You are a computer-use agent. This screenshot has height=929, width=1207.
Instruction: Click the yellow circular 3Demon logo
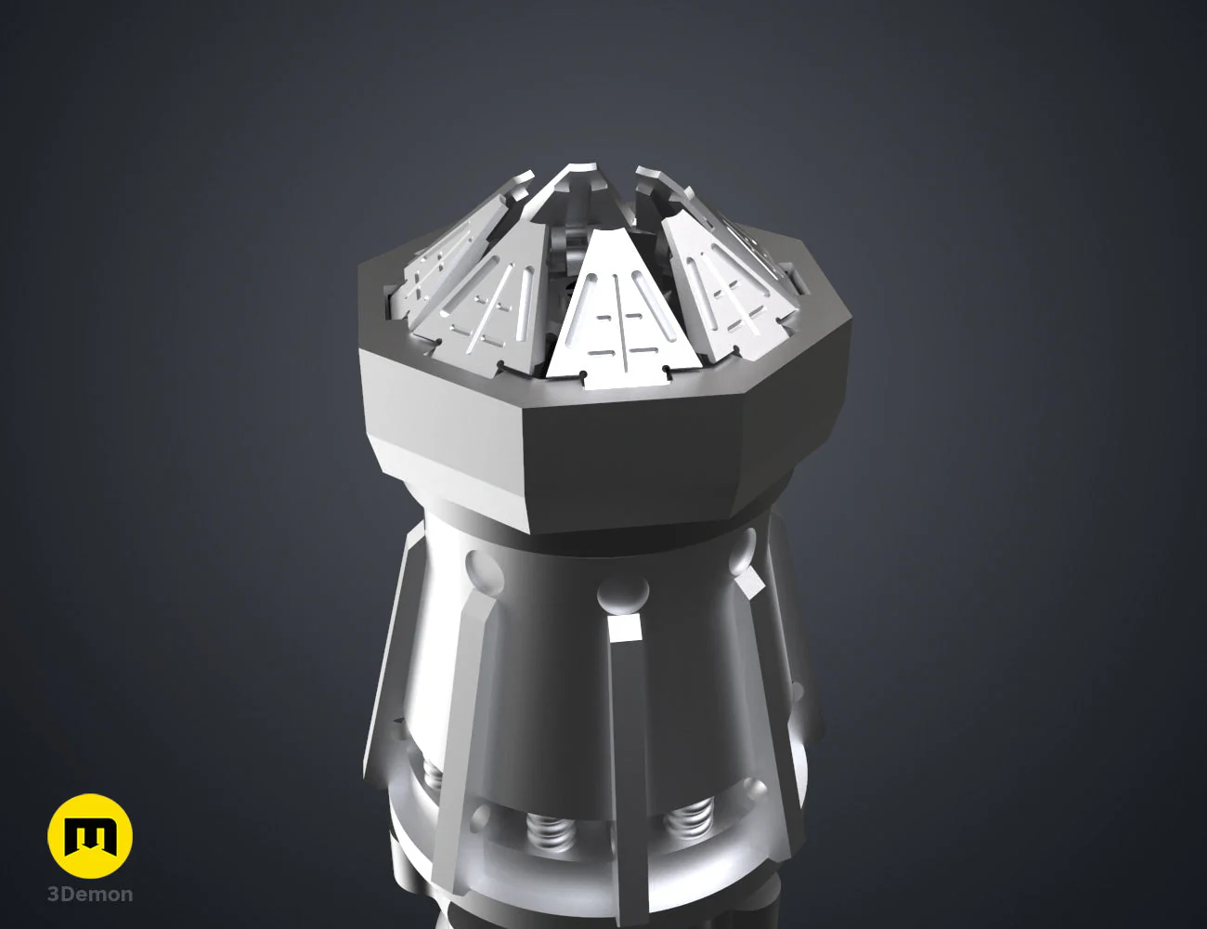coord(90,836)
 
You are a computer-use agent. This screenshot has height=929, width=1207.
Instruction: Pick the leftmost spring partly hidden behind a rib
coord(432,774)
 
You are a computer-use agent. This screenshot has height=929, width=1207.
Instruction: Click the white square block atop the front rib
coord(626,627)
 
